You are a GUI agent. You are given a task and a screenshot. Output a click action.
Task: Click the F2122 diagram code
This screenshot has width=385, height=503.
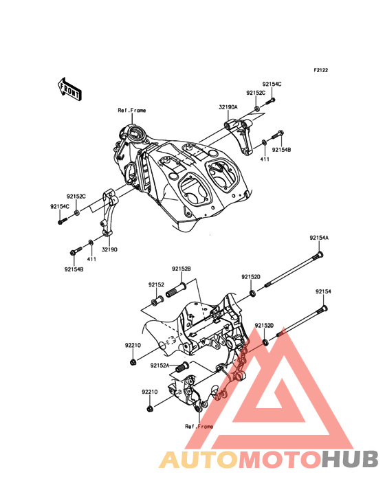coord(320,70)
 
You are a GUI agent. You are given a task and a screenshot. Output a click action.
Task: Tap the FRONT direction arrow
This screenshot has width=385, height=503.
coord(69,89)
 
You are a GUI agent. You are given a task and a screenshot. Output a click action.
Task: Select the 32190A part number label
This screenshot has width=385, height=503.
coord(228,107)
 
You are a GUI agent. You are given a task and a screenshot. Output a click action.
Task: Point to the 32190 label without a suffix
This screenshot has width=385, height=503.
coord(109,249)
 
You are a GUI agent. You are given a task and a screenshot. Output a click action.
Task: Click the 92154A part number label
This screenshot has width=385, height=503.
coord(319,238)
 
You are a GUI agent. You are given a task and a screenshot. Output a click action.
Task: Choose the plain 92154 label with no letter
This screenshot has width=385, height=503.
coord(323,291)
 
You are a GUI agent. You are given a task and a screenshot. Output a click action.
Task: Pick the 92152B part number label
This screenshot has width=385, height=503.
coord(181,269)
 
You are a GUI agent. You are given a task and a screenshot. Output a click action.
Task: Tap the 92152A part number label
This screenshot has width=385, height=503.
coord(159,366)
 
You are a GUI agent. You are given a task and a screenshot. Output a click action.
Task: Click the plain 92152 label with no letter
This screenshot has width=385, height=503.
coord(156,284)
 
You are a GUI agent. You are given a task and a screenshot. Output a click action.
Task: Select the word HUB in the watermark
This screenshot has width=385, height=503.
coord(350,459)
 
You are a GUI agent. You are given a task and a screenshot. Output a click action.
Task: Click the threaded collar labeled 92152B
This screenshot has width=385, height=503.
coord(177,289)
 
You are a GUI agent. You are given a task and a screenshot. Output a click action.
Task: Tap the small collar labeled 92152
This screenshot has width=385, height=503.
coord(157,301)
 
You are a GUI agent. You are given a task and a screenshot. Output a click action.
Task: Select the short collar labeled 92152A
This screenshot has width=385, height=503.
coord(182,367)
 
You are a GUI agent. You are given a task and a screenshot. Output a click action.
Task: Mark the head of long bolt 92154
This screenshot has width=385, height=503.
coord(323,309)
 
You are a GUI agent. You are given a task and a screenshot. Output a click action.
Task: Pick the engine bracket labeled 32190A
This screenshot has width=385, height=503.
coord(240,135)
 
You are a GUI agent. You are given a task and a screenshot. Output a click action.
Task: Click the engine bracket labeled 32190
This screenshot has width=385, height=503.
coord(108,215)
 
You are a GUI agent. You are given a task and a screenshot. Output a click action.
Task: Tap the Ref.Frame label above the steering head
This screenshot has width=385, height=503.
coord(132,111)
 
